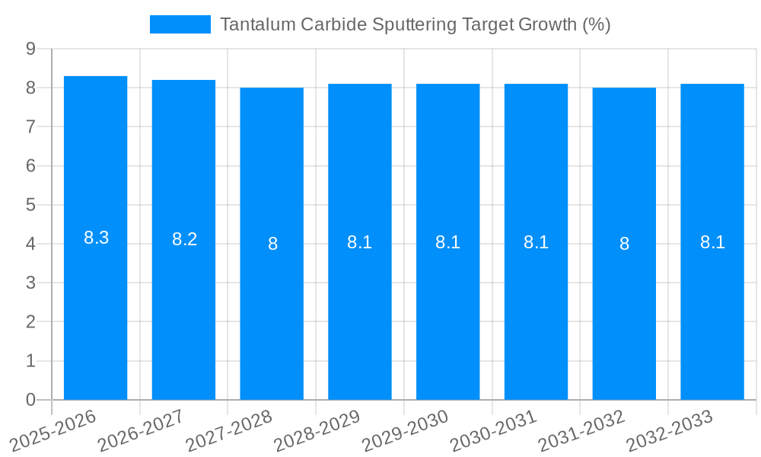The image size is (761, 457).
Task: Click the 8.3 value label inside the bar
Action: pos(97,238)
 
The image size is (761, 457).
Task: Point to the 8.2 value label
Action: pos(184,239)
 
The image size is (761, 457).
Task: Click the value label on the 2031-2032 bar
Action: pos(624,244)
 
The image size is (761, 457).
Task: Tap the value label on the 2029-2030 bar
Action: pos(447,242)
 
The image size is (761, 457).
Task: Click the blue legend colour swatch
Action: pos(180,24)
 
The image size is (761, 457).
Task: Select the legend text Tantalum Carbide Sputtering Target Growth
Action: pos(415,24)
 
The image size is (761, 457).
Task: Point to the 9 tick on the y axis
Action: pos(30,49)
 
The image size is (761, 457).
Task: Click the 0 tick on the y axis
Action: pos(30,400)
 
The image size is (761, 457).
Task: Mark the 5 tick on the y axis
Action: pos(30,205)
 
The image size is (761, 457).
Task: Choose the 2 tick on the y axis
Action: pos(30,322)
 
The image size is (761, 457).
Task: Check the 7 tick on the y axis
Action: pos(30,126)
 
